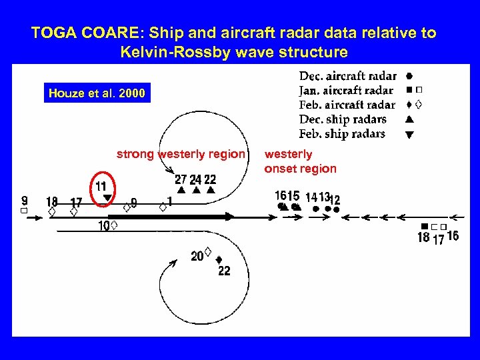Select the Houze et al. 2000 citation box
97,93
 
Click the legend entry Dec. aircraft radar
347,76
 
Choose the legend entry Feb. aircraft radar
347,105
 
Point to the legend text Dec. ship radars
343,119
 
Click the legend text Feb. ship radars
342,134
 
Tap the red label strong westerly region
181,154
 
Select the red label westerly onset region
300,161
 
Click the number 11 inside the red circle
101,186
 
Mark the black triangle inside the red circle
107,198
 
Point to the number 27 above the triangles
181,179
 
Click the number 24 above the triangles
195,180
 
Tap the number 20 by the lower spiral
197,257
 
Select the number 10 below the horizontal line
104,227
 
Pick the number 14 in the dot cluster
311,197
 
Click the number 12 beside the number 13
335,200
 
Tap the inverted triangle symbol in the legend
409,135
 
